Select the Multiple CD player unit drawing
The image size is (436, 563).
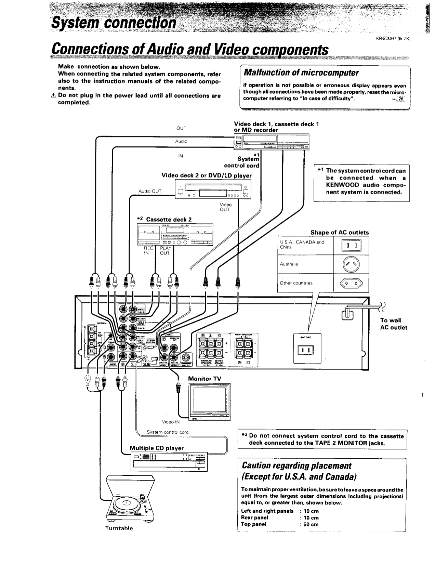click(169, 461)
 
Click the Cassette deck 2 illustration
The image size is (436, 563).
click(175, 235)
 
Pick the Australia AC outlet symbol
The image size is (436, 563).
click(351, 264)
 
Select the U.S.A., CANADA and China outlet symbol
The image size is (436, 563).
click(351, 245)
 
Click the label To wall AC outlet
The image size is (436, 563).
click(393, 324)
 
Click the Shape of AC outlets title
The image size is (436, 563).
click(339, 233)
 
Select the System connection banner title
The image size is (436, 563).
click(114, 23)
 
